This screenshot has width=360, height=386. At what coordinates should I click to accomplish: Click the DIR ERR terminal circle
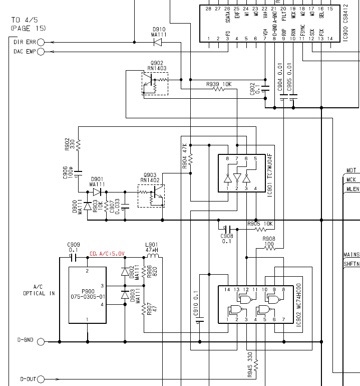[41, 42]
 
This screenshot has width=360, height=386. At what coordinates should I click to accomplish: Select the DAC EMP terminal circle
[41, 52]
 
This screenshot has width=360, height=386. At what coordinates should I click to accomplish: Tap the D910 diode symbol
[158, 42]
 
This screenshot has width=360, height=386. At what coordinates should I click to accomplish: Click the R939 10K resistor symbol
[219, 89]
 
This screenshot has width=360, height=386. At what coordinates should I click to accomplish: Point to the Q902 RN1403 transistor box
[155, 84]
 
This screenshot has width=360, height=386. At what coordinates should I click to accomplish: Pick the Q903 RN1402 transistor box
[151, 196]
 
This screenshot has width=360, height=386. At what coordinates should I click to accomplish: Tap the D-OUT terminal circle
[41, 379]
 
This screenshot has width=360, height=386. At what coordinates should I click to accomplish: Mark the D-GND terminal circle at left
[41, 342]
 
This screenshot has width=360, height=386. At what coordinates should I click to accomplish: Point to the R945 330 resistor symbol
[256, 362]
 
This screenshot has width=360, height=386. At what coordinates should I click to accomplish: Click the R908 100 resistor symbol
[269, 248]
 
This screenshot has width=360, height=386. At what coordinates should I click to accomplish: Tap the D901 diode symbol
[97, 192]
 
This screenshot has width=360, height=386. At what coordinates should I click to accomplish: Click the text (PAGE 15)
[28, 28]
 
